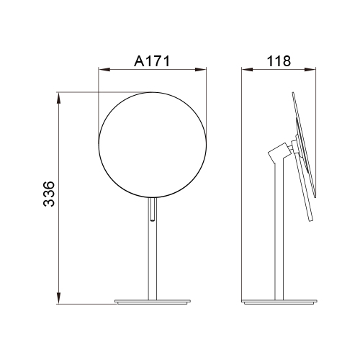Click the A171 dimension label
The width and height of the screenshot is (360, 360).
pos(152,61)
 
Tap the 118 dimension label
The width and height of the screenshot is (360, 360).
pos(279,61)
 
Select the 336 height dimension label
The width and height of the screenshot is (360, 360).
pos(49,194)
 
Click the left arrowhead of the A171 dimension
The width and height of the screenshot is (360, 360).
pos(104,70)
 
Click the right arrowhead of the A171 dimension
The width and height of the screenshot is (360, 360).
pos(201,70)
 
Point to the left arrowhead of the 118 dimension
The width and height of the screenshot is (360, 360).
pos(247,70)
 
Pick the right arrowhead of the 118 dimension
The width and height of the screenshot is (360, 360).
pos(310,70)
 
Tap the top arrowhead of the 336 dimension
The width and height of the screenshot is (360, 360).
pos(58,98)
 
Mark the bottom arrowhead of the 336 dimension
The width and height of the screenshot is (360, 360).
pos(58,298)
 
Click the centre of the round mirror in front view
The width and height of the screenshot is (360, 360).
pos(153,145)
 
